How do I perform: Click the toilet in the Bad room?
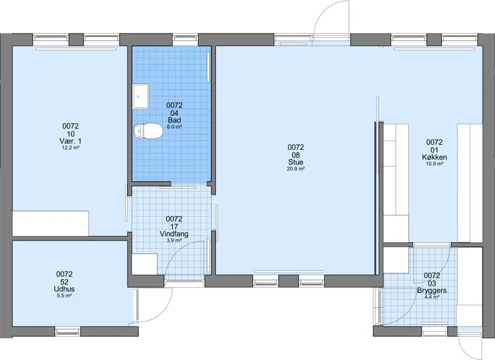[x=148, y=131]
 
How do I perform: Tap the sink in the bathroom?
[x=141, y=96]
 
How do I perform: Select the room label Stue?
[x=296, y=162]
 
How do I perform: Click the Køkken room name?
[x=434, y=157]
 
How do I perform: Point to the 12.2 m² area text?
[x=71, y=147]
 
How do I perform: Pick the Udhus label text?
[x=64, y=289]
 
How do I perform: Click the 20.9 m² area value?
[x=296, y=169]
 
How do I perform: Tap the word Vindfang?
[x=174, y=234]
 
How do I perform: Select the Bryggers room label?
[x=432, y=291]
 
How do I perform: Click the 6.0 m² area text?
[x=174, y=127]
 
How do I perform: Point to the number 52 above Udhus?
[x=64, y=282]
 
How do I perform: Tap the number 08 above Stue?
[x=296, y=155]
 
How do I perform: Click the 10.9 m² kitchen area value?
[x=434, y=164]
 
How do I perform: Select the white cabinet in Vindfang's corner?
[x=144, y=264]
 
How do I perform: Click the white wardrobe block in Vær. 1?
[x=51, y=223]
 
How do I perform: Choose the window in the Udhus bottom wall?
[x=68, y=332]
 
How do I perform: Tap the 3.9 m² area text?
[x=174, y=241]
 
